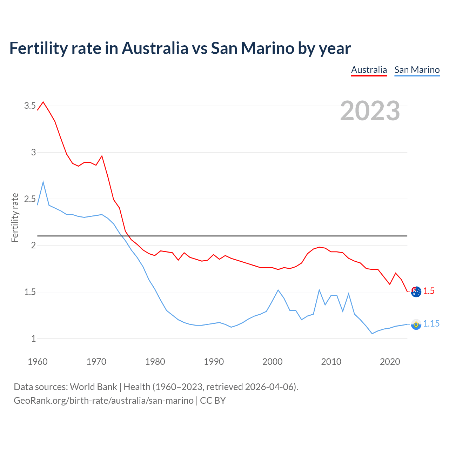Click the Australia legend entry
pyautogui.click(x=369, y=70)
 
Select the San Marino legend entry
pyautogui.click(x=417, y=70)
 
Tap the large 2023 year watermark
pyautogui.click(x=370, y=111)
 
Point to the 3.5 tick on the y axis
pyautogui.click(x=30, y=106)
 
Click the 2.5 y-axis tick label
pyautogui.click(x=30, y=199)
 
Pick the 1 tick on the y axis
pyautogui.click(x=34, y=339)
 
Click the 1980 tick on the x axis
pyautogui.click(x=155, y=362)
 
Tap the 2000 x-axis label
pyautogui.click(x=272, y=362)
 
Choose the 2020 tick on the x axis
pyautogui.click(x=390, y=362)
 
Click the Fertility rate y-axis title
pyautogui.click(x=15, y=217)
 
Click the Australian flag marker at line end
pyautogui.click(x=416, y=291)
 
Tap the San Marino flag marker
pyautogui.click(x=416, y=324)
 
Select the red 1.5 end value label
pyautogui.click(x=429, y=291)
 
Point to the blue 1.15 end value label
pyautogui.click(x=431, y=324)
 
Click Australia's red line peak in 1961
pyautogui.click(x=43, y=102)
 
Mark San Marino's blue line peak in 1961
pyautogui.click(x=43, y=182)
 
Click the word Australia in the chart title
pyautogui.click(x=155, y=48)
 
